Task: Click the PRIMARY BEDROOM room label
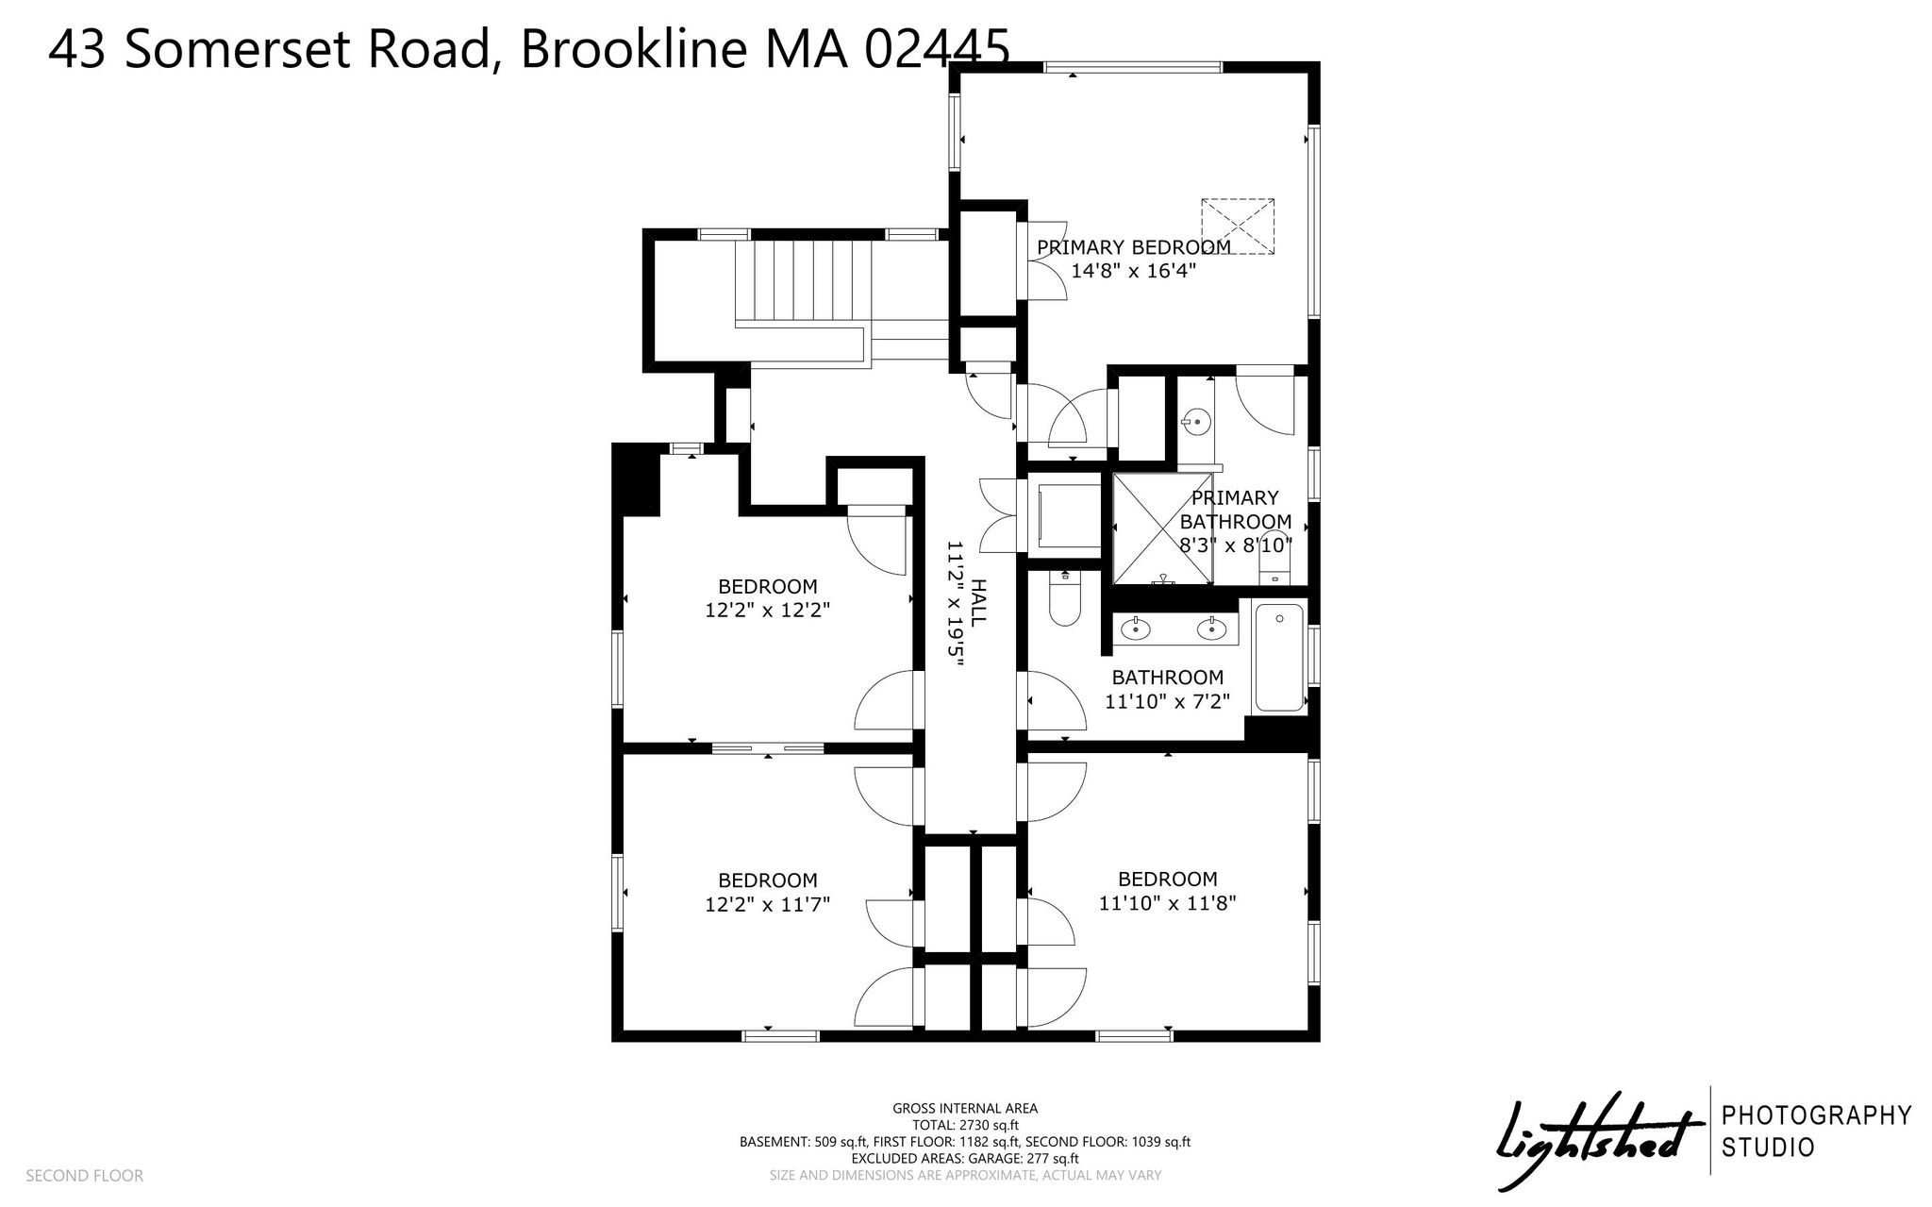pos(1134,247)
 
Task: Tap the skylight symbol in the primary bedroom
pos(1238,226)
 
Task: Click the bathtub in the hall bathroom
pos(1279,659)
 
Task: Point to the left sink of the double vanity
pos(1137,628)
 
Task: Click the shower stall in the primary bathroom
pos(1163,530)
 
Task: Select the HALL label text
pos(978,602)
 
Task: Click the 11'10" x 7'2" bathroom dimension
pos(1167,701)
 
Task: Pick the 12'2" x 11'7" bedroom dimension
pos(768,904)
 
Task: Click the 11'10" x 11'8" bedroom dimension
pos(1168,903)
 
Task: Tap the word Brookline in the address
pos(634,48)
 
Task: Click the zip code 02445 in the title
pos(937,48)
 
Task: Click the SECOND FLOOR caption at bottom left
pos(85,1176)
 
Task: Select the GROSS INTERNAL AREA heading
pos(965,1109)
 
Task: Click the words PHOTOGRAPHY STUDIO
pos(1817,1132)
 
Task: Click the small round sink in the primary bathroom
pos(1196,420)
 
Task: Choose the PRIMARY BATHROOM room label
pos(1236,510)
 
